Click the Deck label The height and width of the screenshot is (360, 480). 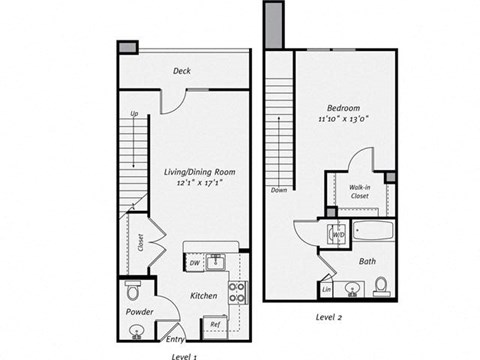click(182, 71)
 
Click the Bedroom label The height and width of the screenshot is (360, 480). click(343, 107)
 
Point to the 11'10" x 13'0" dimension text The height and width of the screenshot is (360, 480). click(343, 119)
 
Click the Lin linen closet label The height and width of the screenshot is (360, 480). click(327, 290)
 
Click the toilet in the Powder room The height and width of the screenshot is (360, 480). click(133, 291)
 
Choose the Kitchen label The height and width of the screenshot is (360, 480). click(204, 296)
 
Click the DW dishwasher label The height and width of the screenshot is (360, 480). click(194, 263)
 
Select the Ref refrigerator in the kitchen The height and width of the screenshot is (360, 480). click(214, 324)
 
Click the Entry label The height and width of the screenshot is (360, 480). click(174, 338)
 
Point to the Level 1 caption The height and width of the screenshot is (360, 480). click(184, 355)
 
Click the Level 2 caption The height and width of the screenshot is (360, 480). click(330, 317)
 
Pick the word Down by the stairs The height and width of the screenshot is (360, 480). click(279, 189)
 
